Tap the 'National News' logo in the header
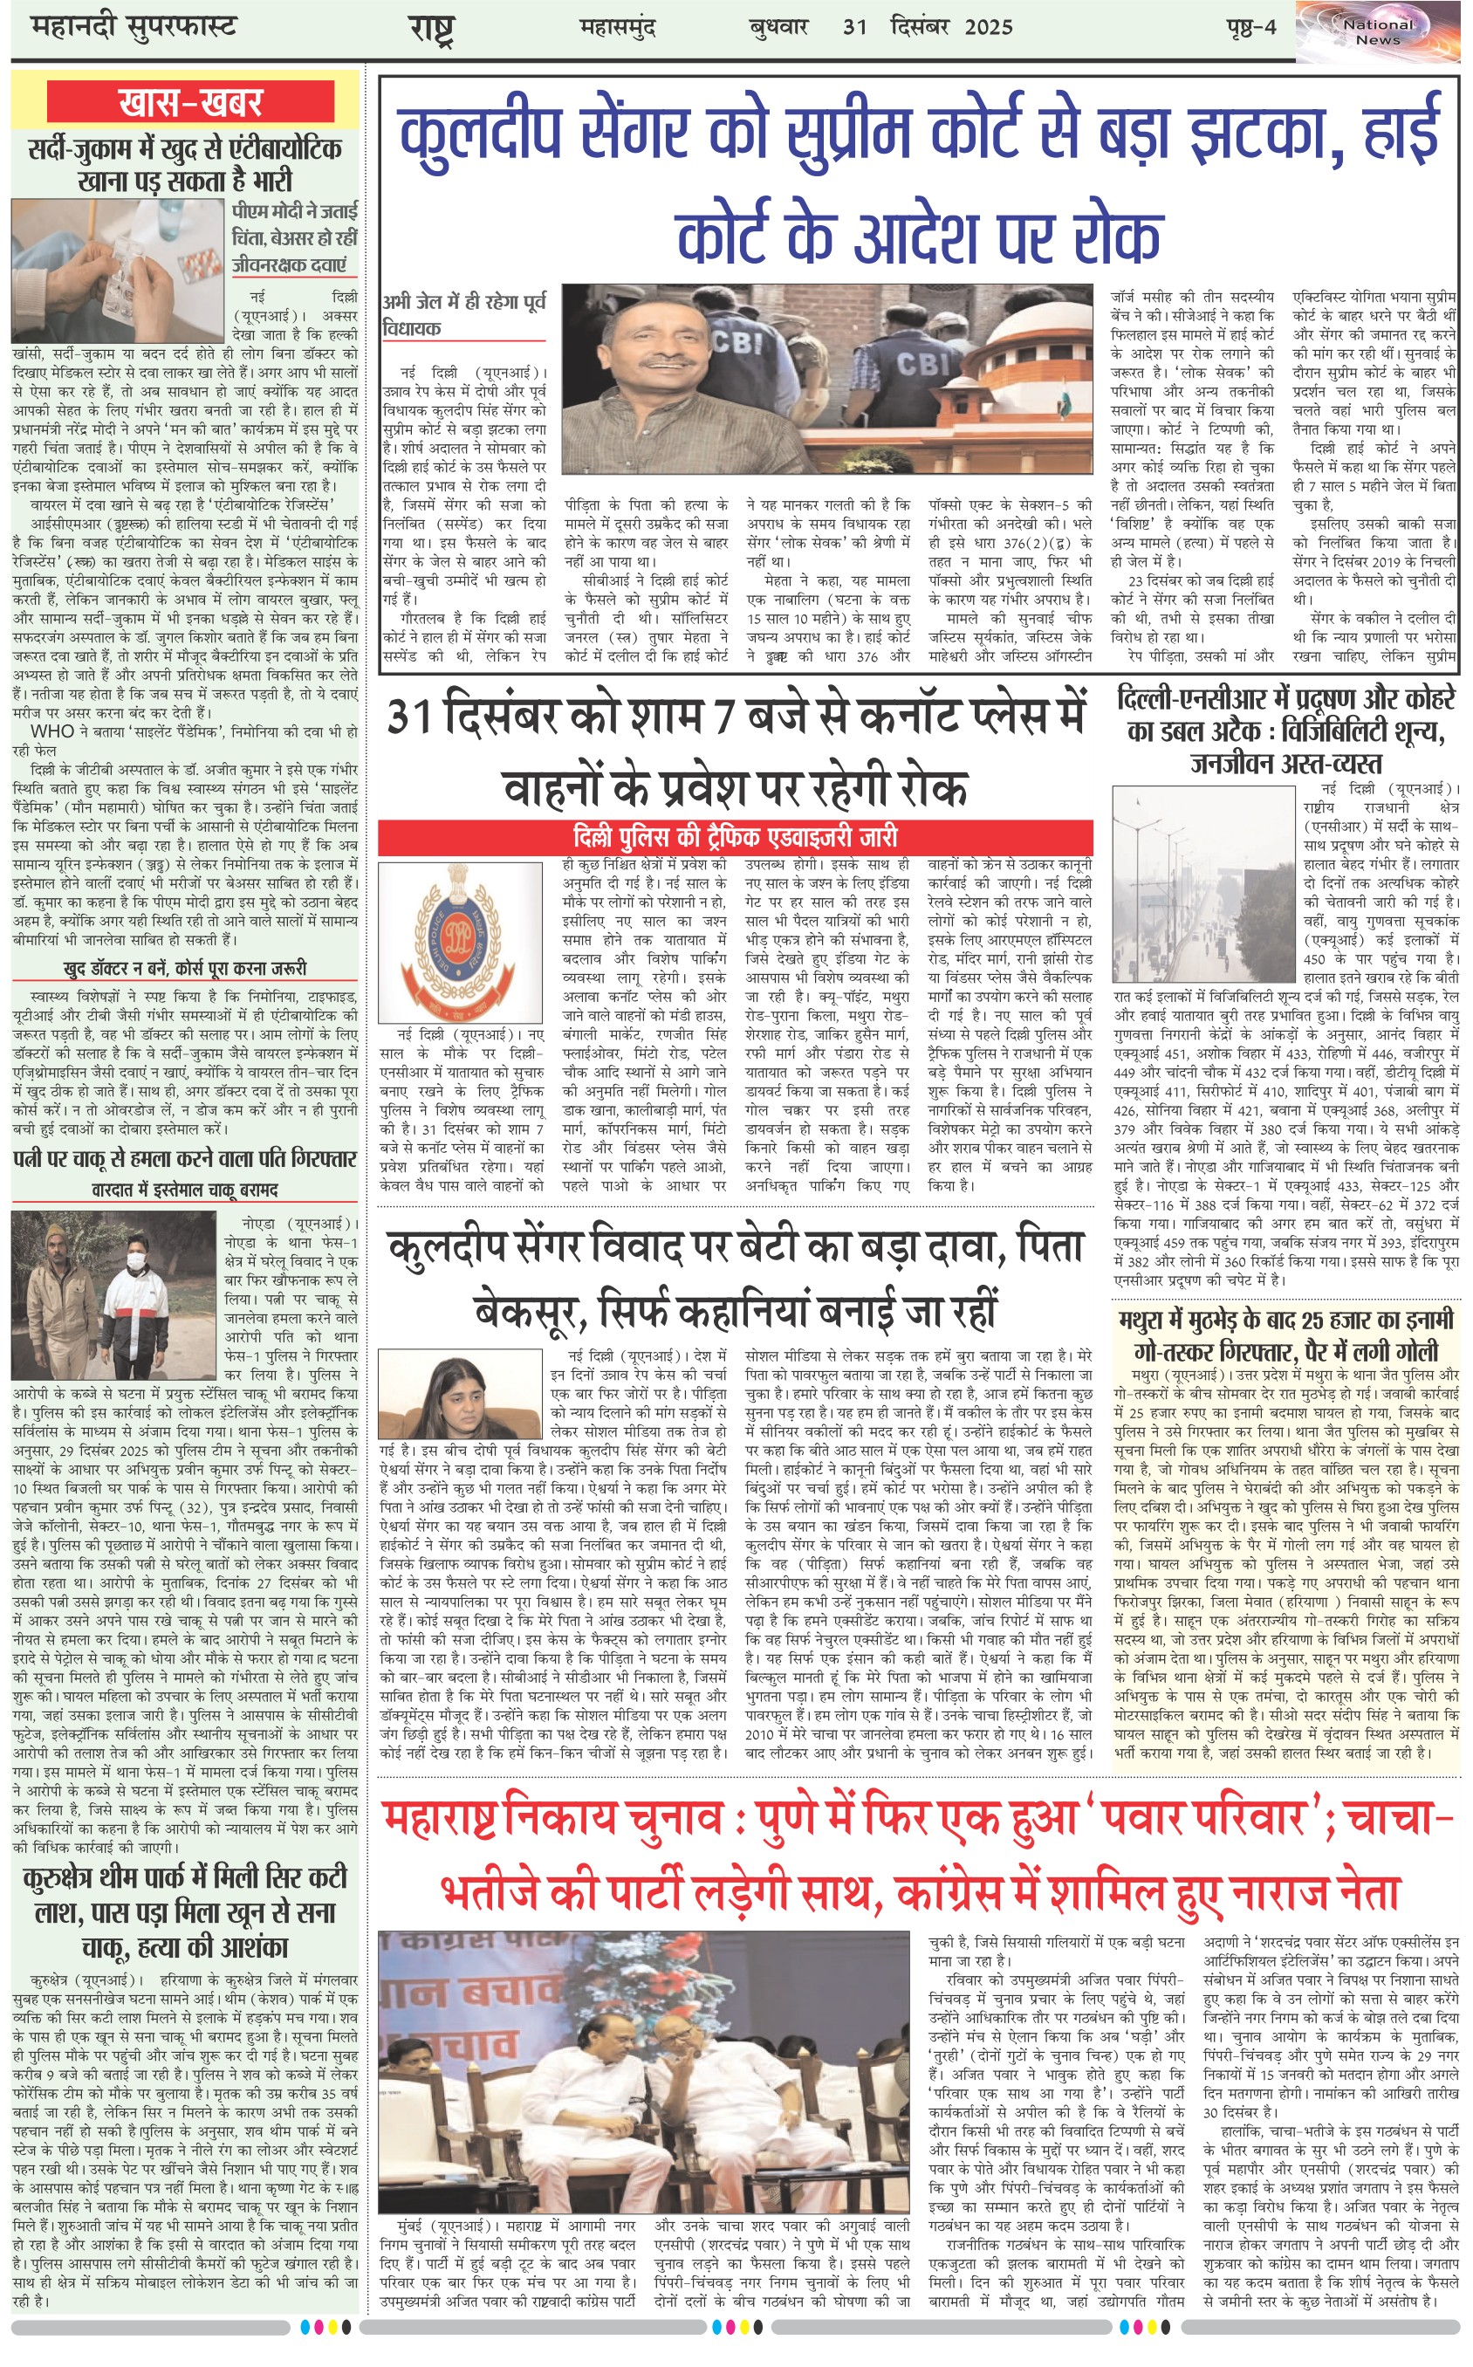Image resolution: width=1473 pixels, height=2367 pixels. [1378, 32]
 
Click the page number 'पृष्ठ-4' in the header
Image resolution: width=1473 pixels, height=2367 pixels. [1250, 26]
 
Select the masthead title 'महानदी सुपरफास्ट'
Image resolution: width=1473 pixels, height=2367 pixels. [134, 26]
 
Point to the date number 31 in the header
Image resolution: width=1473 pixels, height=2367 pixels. [854, 26]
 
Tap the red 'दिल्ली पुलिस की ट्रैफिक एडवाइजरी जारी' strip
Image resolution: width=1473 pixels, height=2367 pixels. [736, 837]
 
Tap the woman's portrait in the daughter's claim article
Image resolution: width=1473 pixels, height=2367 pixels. [460, 1394]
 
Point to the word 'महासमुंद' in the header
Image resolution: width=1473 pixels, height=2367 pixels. [618, 26]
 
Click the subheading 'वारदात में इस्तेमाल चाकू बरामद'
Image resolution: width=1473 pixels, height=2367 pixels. [185, 1190]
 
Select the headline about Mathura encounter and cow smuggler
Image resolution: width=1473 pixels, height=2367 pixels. [1286, 1334]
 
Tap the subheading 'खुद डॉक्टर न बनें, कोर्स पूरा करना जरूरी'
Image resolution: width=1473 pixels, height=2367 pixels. [185, 968]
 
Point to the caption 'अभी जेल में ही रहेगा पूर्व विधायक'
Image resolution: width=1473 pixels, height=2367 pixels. [465, 314]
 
